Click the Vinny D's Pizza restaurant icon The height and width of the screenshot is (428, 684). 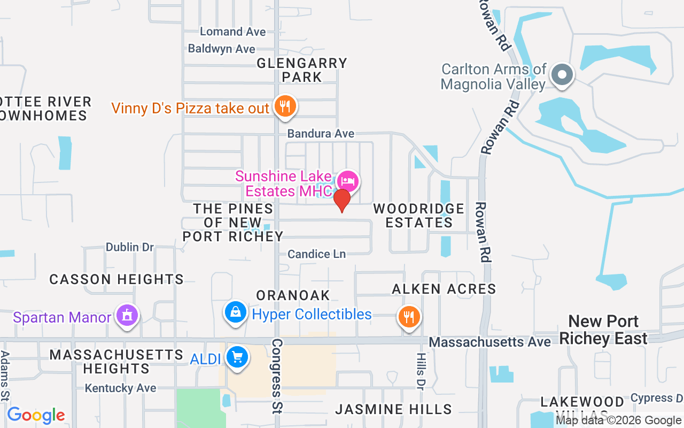tap(285, 106)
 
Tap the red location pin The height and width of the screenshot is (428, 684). tap(341, 201)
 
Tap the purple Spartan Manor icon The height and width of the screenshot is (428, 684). tap(127, 315)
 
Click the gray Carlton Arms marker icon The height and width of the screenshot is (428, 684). tap(562, 74)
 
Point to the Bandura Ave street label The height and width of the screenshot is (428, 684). tap(321, 133)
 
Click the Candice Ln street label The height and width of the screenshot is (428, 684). tap(317, 254)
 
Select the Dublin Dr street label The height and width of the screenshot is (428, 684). tap(130, 247)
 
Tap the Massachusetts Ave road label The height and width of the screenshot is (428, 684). tap(489, 341)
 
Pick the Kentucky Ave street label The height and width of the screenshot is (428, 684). tap(121, 388)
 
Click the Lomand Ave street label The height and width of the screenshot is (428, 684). tap(232, 32)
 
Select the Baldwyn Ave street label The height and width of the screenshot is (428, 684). tap(222, 49)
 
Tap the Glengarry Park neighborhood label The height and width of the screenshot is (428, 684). tap(302, 70)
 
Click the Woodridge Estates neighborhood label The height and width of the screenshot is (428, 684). tap(419, 215)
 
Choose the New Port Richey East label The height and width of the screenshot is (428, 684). tap(603, 330)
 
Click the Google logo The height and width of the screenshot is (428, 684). tap(36, 415)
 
